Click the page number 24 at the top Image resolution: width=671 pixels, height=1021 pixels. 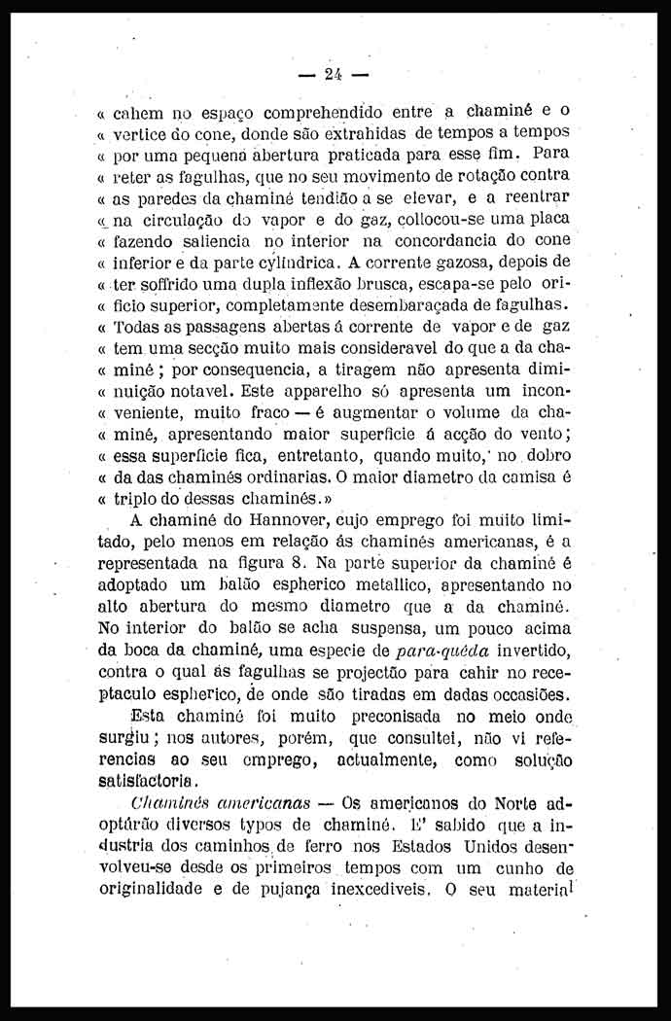click(335, 74)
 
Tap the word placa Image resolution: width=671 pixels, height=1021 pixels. click(547, 220)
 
